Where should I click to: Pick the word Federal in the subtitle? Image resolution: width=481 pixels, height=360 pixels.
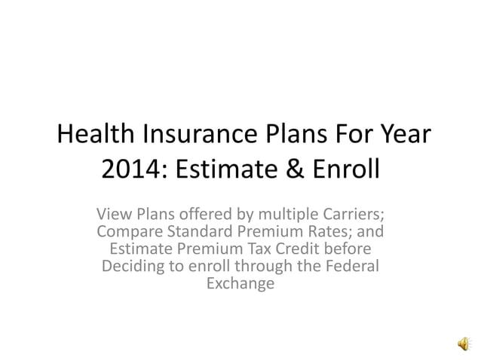[354, 267]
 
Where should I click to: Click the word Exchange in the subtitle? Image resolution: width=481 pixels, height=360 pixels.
[240, 285]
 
